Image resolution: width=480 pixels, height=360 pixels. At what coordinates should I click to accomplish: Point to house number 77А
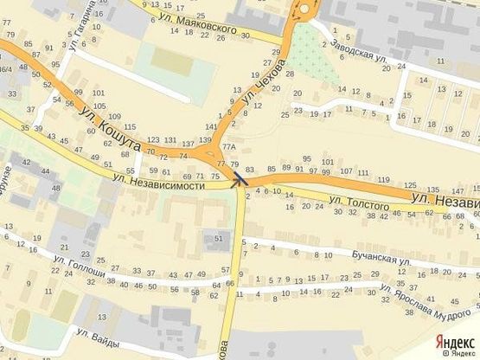229,147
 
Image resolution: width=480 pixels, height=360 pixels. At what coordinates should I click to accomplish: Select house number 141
211,126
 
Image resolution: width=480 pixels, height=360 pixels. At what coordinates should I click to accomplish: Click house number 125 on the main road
409,184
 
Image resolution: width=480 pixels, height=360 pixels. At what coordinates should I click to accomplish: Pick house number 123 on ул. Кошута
153,139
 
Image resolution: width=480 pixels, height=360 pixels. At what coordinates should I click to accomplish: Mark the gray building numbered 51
218,239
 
